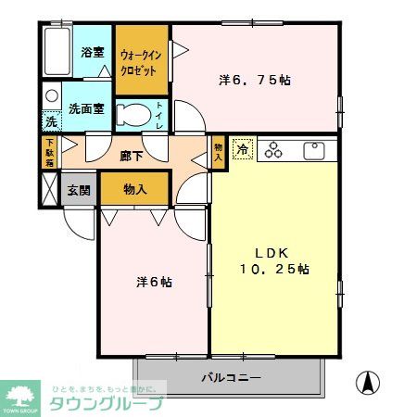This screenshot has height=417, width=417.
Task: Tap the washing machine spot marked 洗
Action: [52, 120]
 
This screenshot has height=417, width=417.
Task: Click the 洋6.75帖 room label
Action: [255, 81]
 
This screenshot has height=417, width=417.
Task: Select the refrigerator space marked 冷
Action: [243, 149]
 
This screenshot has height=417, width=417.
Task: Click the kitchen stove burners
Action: [275, 149]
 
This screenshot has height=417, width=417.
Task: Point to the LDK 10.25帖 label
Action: [276, 260]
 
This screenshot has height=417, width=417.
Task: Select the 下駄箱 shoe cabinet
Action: [49, 151]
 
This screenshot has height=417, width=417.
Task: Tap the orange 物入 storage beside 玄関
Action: [135, 189]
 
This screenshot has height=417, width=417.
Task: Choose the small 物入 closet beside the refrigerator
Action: [219, 152]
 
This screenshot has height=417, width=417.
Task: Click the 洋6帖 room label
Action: [153, 282]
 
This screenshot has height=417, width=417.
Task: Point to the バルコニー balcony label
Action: [231, 378]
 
